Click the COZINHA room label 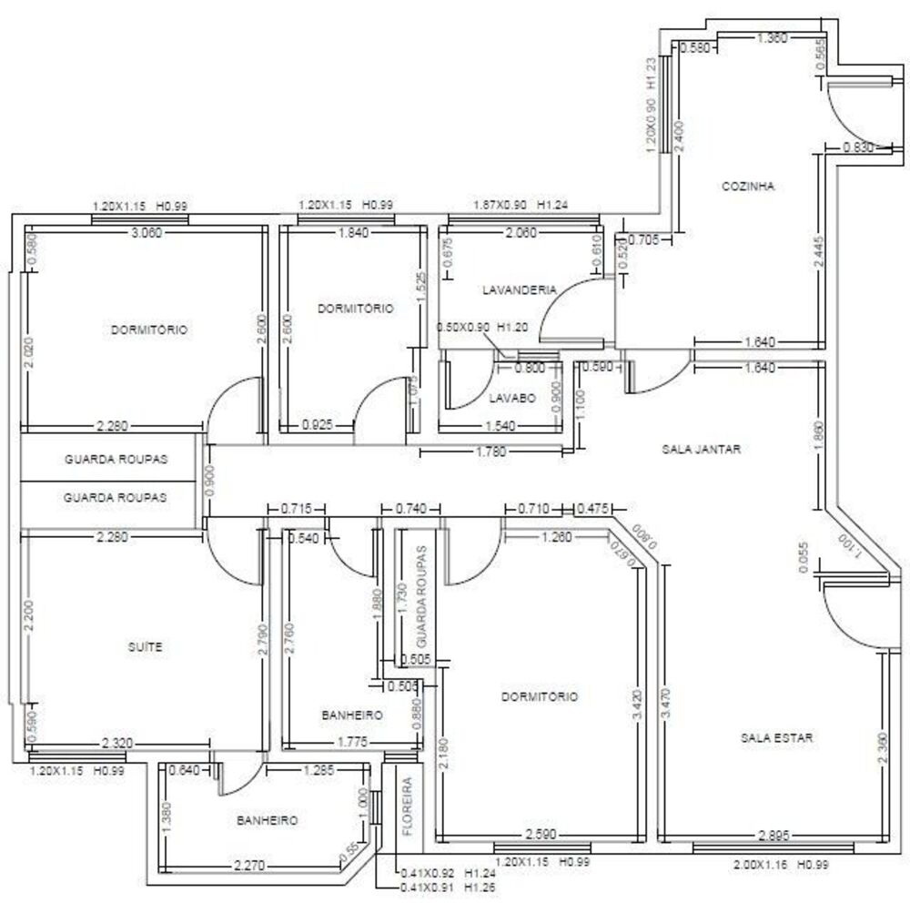[x=747, y=186]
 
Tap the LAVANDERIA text [x=519, y=289]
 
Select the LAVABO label [x=511, y=398]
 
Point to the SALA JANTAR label [x=701, y=449]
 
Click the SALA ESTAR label [x=776, y=737]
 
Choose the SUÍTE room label [x=146, y=647]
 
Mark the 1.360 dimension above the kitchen [x=772, y=38]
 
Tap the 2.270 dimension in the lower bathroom [x=249, y=865]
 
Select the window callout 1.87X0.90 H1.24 [x=521, y=206]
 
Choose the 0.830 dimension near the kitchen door [x=857, y=147]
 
